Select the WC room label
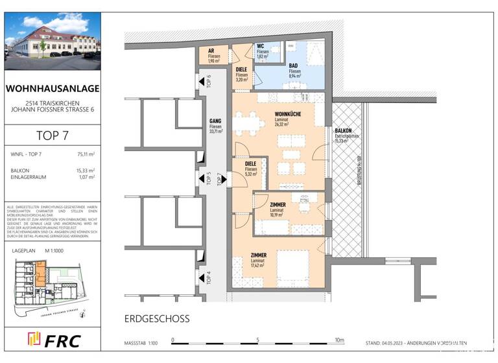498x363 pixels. tap(261, 47)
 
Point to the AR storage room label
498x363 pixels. tap(211, 51)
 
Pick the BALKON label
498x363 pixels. tap(343, 131)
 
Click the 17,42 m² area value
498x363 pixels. tap(259, 266)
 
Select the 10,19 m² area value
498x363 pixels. tap(278, 215)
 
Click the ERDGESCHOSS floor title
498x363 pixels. tap(157, 319)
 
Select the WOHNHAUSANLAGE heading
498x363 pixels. tap(53, 88)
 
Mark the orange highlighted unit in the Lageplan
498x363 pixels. tap(40, 272)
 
